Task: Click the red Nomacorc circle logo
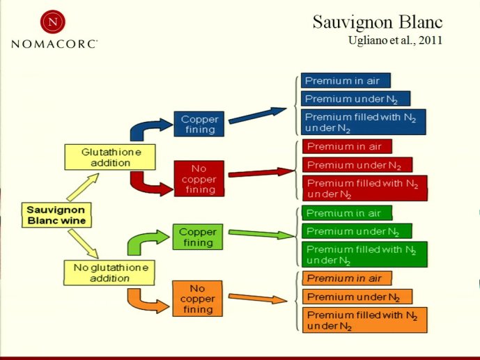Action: (x=53, y=22)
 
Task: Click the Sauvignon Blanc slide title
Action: (x=378, y=23)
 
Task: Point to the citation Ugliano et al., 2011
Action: (x=395, y=40)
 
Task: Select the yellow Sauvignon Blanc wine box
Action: (x=56, y=215)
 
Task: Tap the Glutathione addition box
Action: (x=110, y=157)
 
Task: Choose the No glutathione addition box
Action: (x=109, y=273)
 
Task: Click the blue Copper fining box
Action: (x=199, y=124)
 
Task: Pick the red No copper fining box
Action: (x=199, y=179)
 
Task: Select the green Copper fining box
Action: (x=198, y=237)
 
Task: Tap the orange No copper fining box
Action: (x=197, y=299)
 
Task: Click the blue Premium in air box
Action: (x=346, y=81)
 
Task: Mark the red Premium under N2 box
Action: (x=357, y=165)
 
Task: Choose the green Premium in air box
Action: (x=347, y=213)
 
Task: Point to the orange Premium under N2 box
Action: (x=357, y=297)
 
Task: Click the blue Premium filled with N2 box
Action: (x=364, y=122)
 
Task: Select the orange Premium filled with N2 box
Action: (x=364, y=320)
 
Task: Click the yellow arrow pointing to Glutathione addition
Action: (x=83, y=187)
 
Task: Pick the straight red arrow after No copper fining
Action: (x=262, y=173)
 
